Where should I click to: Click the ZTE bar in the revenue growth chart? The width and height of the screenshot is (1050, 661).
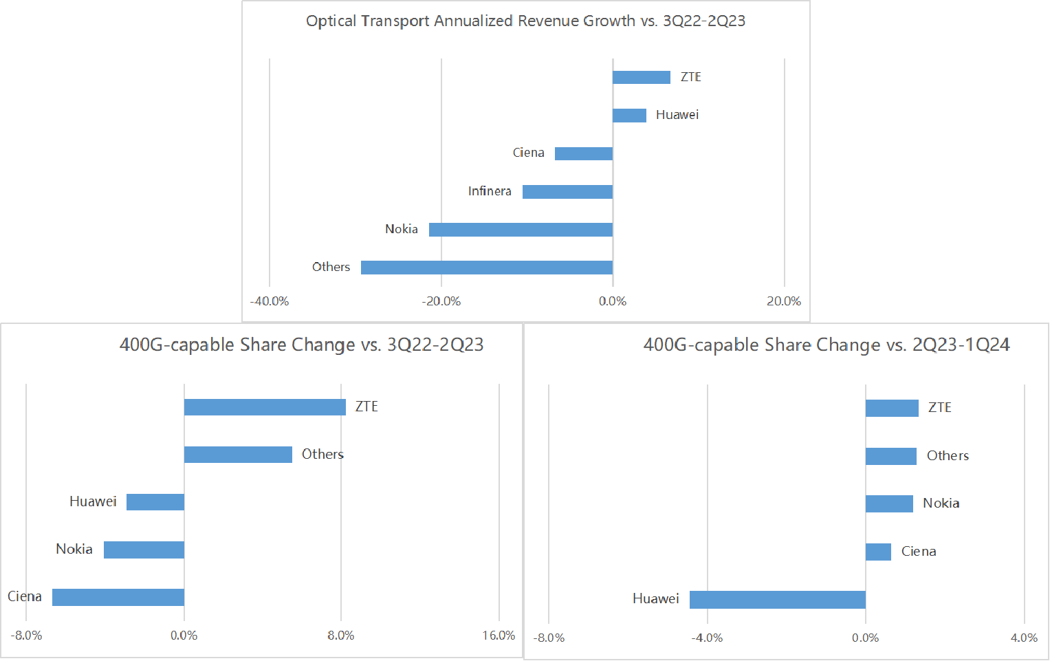point(641,77)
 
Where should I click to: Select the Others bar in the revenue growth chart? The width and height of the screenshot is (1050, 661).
point(487,267)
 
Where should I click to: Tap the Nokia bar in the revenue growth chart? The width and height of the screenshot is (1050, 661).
point(521,229)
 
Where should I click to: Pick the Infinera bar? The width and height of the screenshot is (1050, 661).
point(567,191)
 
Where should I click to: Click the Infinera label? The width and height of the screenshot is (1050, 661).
point(490,191)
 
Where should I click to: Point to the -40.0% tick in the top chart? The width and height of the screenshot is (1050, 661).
point(270,301)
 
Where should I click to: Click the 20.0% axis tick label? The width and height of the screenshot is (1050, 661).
point(784,301)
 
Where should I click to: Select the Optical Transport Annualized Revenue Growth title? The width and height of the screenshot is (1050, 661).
point(525,21)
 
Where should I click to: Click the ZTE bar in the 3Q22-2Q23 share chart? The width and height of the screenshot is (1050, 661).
point(265,407)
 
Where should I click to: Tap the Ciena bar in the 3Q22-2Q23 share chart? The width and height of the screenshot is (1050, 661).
point(118,597)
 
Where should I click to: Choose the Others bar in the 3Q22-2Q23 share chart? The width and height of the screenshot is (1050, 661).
point(238,454)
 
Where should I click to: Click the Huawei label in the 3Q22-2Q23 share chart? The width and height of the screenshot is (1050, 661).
point(93,501)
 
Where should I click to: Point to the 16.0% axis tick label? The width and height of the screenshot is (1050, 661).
point(499,636)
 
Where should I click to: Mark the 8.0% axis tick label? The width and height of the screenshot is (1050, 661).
point(341,636)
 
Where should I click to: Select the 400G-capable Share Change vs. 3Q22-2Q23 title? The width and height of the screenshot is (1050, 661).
point(301,345)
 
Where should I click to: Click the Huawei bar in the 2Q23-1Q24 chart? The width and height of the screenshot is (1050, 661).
point(777,599)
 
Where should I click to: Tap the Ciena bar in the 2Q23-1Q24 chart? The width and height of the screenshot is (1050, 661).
point(878,552)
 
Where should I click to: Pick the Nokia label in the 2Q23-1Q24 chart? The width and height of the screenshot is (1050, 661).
point(941,503)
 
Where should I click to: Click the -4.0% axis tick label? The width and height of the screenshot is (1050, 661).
point(707,638)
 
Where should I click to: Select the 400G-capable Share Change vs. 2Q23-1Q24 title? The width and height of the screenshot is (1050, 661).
point(827,345)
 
